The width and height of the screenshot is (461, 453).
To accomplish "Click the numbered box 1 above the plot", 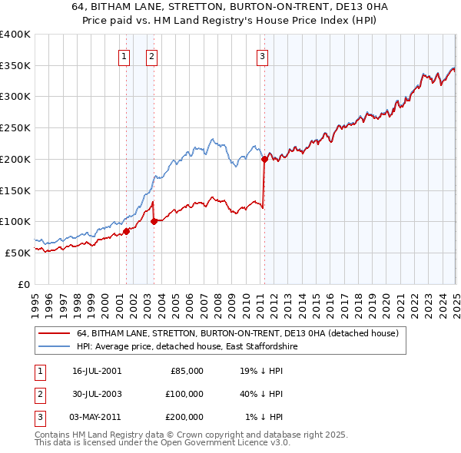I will coord(124,55).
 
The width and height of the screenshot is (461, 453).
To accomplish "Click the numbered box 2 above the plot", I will coord(151,55).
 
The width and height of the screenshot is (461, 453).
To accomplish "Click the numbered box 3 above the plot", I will coord(262,55).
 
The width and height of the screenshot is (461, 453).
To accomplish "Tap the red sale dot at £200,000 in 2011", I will coord(264,160).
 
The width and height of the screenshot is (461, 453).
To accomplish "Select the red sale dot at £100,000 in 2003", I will coord(154,221).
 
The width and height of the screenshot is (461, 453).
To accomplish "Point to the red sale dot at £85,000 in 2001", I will coord(127,231).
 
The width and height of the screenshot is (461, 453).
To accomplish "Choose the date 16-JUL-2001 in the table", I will coord(97,371).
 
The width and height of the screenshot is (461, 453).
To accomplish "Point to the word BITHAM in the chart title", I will coord(147,7).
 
